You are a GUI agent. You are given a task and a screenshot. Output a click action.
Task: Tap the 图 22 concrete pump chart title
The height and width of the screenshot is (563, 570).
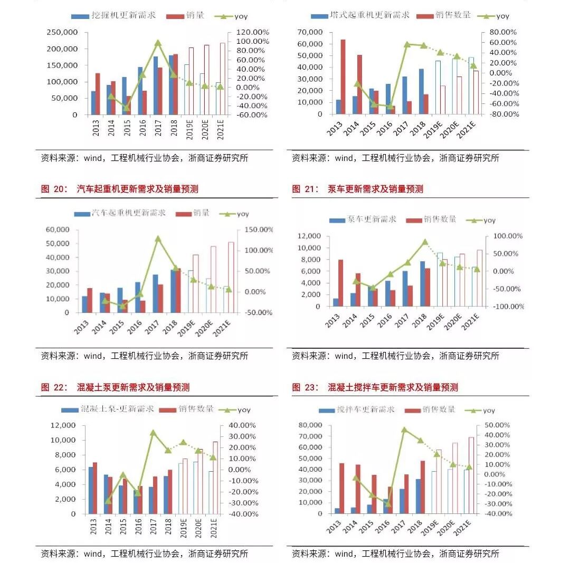(115, 387)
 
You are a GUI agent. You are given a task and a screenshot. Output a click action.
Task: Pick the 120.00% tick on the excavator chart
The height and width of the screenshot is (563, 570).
(252, 32)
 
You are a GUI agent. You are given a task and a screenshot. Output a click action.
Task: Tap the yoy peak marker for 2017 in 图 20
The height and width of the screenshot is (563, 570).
(158, 238)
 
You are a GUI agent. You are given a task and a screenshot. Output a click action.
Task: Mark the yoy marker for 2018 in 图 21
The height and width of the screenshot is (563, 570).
(425, 242)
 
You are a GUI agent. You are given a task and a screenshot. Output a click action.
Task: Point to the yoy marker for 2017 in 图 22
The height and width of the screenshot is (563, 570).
(153, 433)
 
